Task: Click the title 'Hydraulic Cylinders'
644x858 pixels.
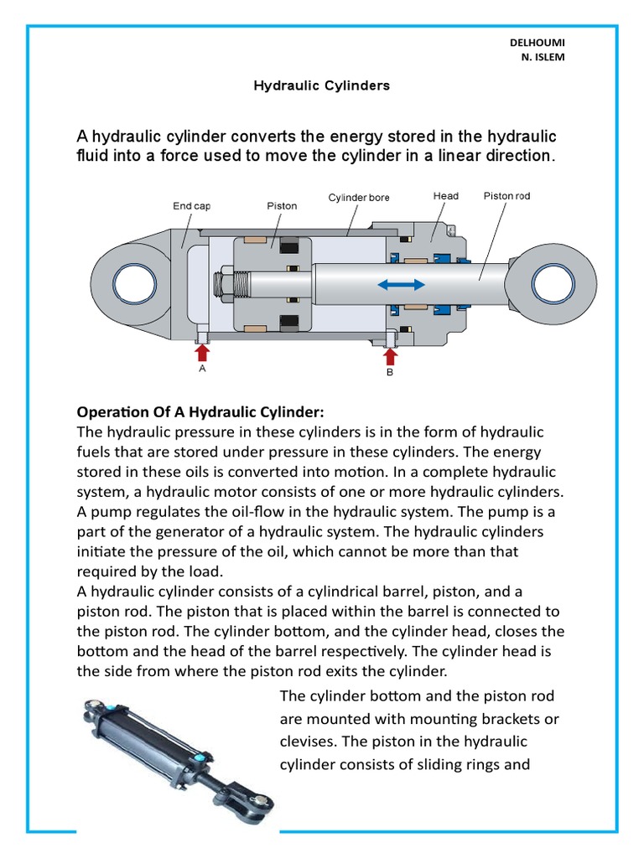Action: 322,86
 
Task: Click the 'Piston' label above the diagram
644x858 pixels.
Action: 282,205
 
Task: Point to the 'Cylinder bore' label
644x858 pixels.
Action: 358,198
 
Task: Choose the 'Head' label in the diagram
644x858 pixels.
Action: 445,196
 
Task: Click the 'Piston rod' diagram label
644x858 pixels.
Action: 506,196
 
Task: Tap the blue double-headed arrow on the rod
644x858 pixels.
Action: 401,286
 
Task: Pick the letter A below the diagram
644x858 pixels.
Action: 201,366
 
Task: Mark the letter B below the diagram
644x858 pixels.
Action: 389,374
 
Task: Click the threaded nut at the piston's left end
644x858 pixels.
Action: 226,285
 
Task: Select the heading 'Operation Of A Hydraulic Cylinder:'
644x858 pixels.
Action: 200,413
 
